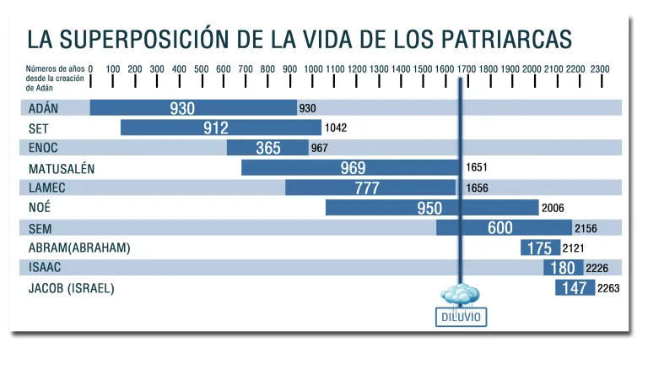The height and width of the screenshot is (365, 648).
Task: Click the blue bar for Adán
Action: (192, 107)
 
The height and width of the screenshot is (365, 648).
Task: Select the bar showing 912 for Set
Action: (220, 128)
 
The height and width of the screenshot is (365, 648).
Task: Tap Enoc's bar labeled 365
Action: (267, 148)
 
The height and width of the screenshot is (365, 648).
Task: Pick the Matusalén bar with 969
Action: (350, 167)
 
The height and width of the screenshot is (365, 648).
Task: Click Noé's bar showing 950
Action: (431, 208)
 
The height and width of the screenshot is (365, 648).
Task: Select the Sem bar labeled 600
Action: (503, 227)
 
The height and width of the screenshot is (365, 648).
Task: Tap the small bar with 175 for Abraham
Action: (537, 248)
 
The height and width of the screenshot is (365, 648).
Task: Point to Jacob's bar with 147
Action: (575, 288)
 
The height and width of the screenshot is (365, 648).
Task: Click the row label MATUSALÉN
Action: (62, 168)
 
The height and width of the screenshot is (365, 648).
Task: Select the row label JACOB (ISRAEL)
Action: (71, 288)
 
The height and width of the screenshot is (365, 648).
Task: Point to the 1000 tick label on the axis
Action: (313, 68)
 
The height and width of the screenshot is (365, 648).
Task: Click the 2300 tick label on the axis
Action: (599, 68)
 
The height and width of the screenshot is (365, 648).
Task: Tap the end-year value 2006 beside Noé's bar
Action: (553, 208)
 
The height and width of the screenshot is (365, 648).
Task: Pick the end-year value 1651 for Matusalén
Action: (477, 167)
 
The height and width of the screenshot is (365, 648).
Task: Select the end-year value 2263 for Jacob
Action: (608, 288)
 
